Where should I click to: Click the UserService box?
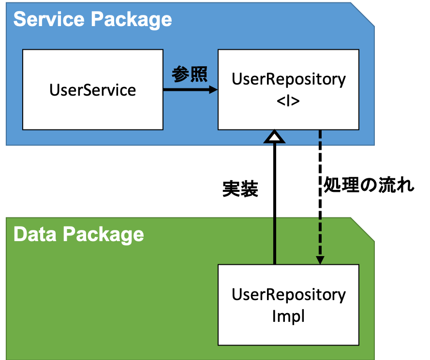click(x=93, y=89)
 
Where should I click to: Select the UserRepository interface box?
click(x=288, y=89)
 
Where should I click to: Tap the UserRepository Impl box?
click(x=288, y=304)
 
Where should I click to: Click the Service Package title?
click(x=93, y=20)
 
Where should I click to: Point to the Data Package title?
click(x=79, y=235)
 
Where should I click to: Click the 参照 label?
click(x=190, y=74)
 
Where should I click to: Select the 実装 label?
click(x=240, y=189)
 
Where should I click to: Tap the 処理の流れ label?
click(x=369, y=185)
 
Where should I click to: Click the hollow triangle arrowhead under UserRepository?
click(x=274, y=137)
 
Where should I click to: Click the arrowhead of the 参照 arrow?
click(x=213, y=89)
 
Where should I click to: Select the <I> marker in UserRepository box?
click(x=288, y=101)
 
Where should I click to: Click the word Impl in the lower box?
click(x=288, y=316)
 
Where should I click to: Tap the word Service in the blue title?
click(x=49, y=19)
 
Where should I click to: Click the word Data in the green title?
click(x=35, y=234)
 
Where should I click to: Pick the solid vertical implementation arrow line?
click(x=275, y=204)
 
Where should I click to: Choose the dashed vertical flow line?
click(x=320, y=193)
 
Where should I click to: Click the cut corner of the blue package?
click(x=363, y=14)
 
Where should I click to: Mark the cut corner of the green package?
click(x=363, y=230)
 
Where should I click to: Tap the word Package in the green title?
click(x=104, y=235)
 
